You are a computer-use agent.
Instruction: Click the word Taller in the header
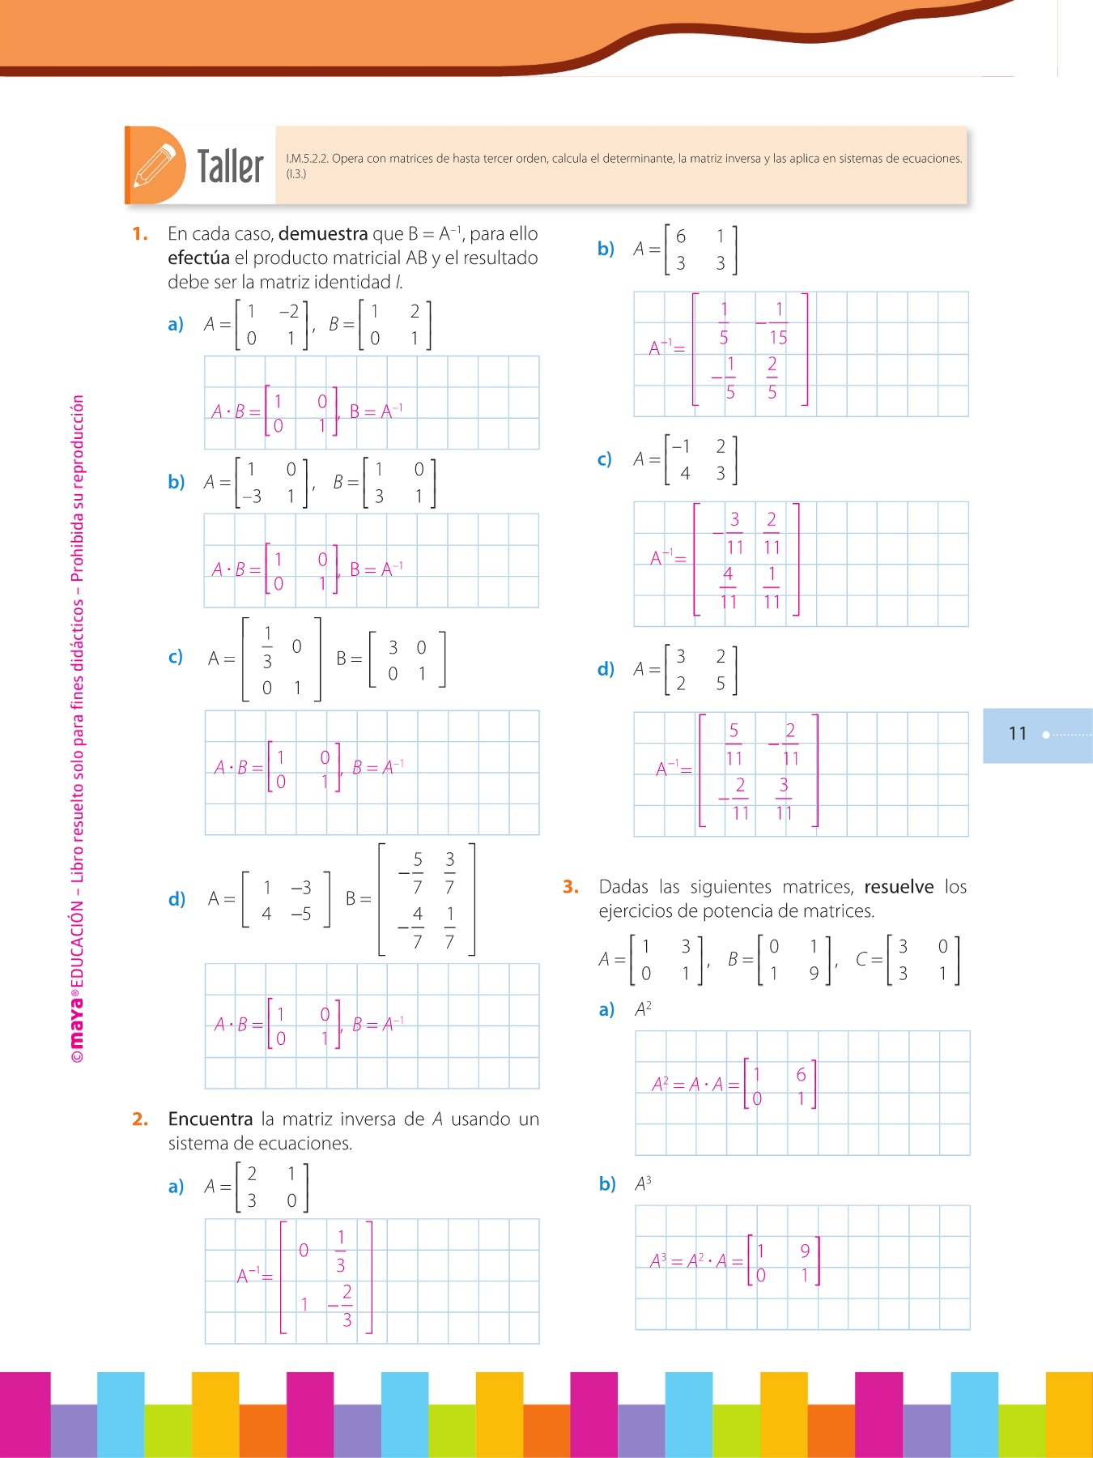pyautogui.click(x=231, y=167)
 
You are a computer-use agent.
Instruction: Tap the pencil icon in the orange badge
pyautogui.click(x=155, y=165)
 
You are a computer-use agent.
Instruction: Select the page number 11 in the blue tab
pyautogui.click(x=1018, y=734)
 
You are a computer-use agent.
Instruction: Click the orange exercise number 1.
pyautogui.click(x=140, y=234)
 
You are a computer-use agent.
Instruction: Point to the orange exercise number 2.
pyautogui.click(x=140, y=1119)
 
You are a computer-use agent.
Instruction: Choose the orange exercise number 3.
pyautogui.click(x=571, y=887)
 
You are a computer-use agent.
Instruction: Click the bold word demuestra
pyautogui.click(x=323, y=234)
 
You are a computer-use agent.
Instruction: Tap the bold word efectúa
pyautogui.click(x=198, y=258)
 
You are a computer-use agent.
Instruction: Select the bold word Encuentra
pyautogui.click(x=211, y=1119)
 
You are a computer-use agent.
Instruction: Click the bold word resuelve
pyautogui.click(x=899, y=887)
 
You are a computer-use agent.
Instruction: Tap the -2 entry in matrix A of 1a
pyautogui.click(x=289, y=312)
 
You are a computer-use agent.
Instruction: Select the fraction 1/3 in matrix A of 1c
pyautogui.click(x=267, y=647)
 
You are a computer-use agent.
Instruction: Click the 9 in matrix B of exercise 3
pyautogui.click(x=814, y=974)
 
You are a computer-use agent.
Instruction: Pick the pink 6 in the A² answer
pyautogui.click(x=801, y=1075)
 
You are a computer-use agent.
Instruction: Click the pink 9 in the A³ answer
pyautogui.click(x=805, y=1251)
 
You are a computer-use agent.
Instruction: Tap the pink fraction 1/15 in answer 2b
pyautogui.click(x=777, y=323)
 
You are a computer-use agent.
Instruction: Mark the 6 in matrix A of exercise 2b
pyautogui.click(x=681, y=237)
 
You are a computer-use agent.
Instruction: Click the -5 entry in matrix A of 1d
pyautogui.click(x=300, y=914)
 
